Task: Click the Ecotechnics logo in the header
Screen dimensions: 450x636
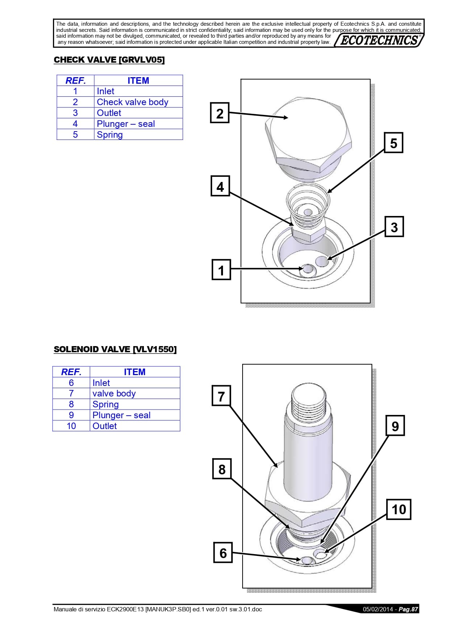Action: (x=379, y=40)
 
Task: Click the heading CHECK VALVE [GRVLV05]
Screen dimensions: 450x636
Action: (x=109, y=60)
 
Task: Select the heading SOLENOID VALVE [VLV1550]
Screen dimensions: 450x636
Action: (x=115, y=349)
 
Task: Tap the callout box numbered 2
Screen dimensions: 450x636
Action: (x=220, y=113)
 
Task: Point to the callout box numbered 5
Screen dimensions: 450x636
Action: (x=393, y=143)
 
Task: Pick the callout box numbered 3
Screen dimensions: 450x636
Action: (x=394, y=227)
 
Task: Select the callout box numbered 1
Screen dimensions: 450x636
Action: (x=221, y=270)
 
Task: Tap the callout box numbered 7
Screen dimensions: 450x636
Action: (x=221, y=396)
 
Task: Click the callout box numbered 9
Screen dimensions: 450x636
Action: (x=395, y=426)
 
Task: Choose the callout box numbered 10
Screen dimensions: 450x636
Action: (x=399, y=509)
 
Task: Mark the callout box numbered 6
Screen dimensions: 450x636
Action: (x=223, y=553)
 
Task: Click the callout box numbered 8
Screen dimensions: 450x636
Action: (x=222, y=469)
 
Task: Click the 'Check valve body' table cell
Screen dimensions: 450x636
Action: (x=139, y=102)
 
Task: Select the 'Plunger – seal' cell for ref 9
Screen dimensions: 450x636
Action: (x=135, y=415)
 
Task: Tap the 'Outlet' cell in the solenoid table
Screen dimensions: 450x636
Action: (x=135, y=426)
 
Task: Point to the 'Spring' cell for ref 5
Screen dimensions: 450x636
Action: (x=139, y=134)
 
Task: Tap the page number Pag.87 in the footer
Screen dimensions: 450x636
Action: (x=408, y=609)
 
